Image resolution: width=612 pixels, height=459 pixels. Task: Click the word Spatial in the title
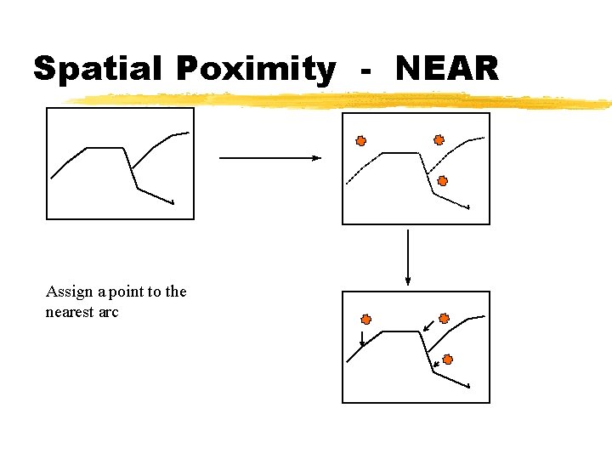(x=93, y=68)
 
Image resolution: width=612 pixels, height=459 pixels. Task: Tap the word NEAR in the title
(x=447, y=68)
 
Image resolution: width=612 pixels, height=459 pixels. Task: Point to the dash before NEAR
(x=366, y=71)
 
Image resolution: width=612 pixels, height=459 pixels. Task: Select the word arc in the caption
(x=109, y=312)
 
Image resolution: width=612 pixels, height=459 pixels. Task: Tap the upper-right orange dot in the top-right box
(x=439, y=140)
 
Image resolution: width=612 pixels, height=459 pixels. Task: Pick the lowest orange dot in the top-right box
(x=442, y=180)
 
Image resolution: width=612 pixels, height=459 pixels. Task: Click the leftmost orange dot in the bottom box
(x=366, y=320)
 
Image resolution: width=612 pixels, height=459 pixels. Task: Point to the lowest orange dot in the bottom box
(x=448, y=360)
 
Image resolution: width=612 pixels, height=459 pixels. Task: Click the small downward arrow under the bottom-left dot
(x=362, y=338)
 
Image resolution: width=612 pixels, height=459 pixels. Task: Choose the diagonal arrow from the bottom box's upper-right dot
(x=429, y=326)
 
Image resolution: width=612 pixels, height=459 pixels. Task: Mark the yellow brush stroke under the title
(x=340, y=102)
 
